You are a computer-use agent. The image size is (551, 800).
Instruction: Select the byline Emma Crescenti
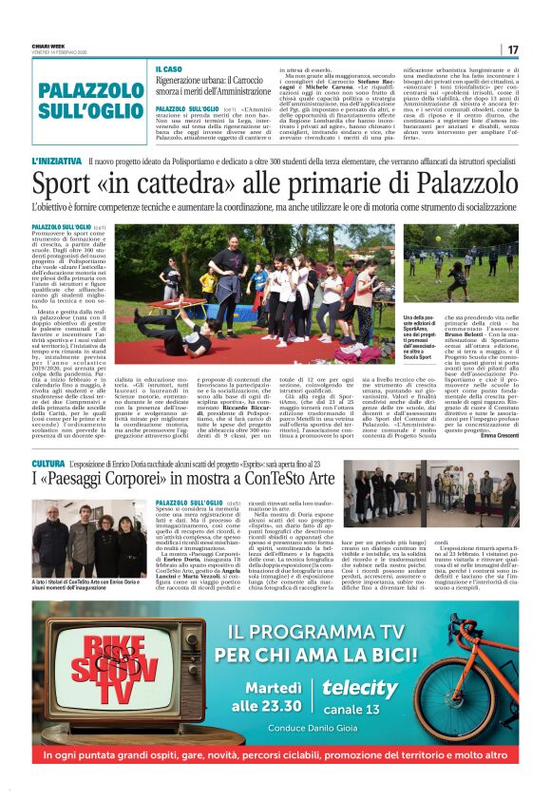pyautogui.click(x=497, y=436)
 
